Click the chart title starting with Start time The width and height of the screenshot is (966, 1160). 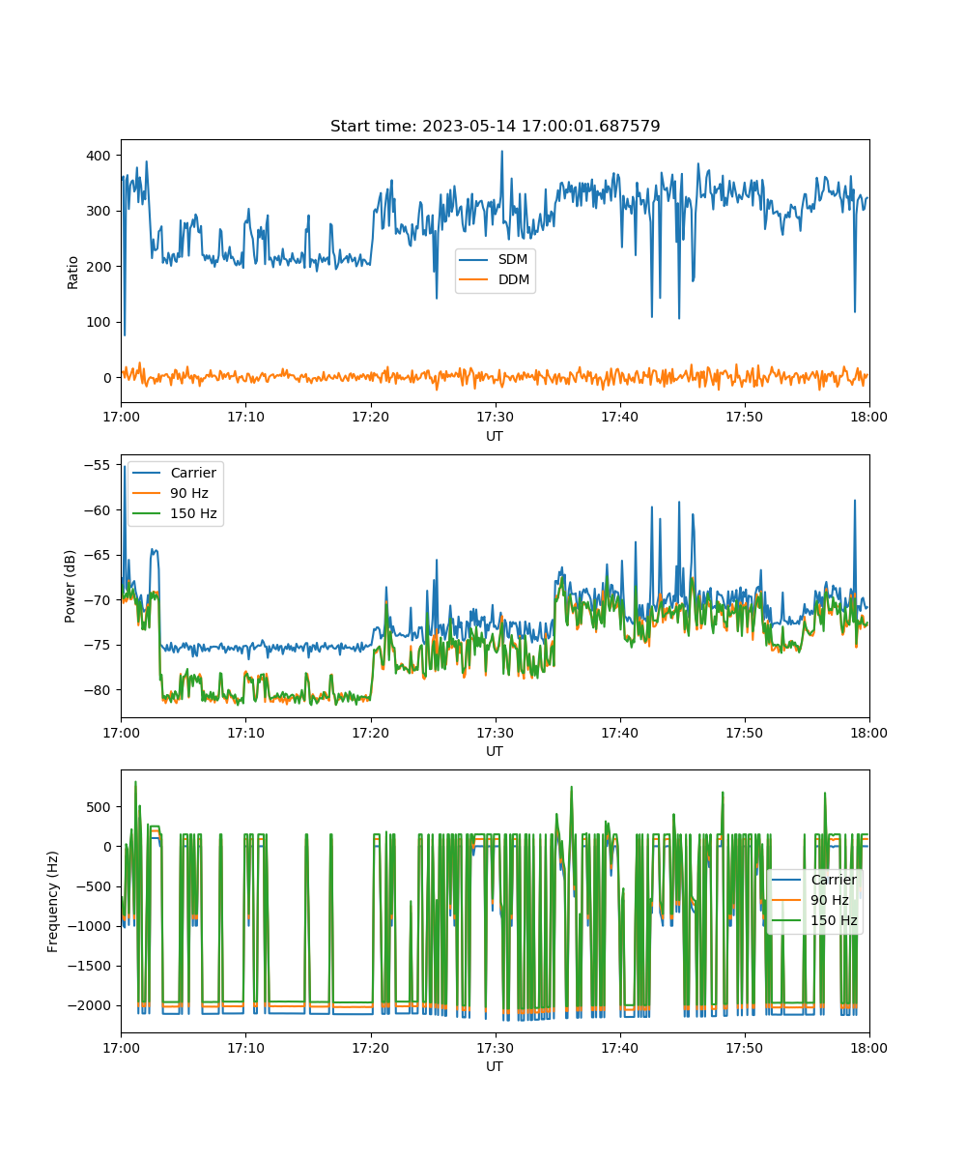[495, 126]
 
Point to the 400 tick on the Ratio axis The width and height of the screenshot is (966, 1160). [99, 156]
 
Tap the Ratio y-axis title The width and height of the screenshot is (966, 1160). [72, 273]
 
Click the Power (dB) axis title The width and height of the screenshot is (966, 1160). [70, 586]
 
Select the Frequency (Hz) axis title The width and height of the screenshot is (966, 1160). [53, 901]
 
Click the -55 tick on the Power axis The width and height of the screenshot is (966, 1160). [98, 465]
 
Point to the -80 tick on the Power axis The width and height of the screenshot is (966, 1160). [98, 690]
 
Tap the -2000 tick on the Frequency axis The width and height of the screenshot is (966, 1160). [90, 1005]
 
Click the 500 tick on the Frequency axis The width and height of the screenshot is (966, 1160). [99, 806]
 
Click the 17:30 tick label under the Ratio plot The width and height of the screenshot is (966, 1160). [496, 417]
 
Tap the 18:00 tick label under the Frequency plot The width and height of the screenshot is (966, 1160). [868, 1048]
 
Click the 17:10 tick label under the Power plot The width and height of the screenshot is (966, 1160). [246, 733]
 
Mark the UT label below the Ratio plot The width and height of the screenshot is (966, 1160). [494, 436]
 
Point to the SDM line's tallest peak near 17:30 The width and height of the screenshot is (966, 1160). [502, 151]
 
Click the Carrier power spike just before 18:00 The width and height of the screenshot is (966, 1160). [854, 501]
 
